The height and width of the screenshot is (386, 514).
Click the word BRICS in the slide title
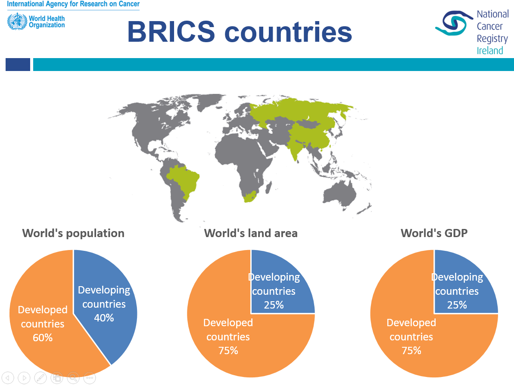tap(171, 32)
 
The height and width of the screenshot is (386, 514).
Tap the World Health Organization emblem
tap(17, 21)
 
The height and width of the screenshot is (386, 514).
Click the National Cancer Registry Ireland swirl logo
tap(455, 23)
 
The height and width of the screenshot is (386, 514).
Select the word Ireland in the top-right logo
tap(490, 51)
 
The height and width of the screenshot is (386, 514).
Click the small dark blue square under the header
tap(18, 65)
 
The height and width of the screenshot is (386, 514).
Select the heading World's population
tap(73, 233)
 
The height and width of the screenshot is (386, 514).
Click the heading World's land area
tap(251, 233)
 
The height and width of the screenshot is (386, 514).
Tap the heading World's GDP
tap(434, 233)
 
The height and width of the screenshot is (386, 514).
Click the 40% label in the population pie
tap(104, 318)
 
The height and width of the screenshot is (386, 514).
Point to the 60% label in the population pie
tap(43, 337)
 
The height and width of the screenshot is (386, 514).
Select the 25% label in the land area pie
tap(274, 305)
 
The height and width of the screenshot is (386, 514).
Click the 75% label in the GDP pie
tap(411, 351)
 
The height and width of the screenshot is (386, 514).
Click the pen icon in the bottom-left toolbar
tap(40, 378)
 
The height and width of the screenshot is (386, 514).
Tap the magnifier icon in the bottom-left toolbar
tap(73, 378)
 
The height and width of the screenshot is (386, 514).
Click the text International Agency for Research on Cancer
tap(73, 4)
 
